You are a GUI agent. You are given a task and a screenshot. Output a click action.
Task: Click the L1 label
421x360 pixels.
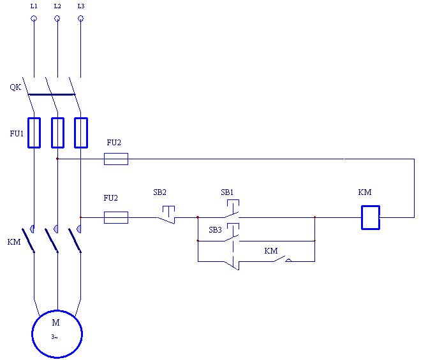click(x=34, y=6)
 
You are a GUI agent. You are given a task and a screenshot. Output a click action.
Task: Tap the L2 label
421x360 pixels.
click(x=57, y=6)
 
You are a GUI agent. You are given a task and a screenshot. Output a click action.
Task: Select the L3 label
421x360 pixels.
click(x=80, y=6)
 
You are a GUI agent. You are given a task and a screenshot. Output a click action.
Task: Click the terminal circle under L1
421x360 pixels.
click(x=34, y=18)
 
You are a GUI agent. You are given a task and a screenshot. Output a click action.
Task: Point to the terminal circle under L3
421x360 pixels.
click(x=80, y=18)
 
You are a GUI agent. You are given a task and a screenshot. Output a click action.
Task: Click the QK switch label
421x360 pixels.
click(x=15, y=87)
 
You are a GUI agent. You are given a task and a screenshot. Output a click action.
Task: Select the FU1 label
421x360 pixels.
click(x=17, y=134)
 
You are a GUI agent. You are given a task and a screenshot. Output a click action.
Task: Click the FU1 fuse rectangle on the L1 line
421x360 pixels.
click(x=34, y=133)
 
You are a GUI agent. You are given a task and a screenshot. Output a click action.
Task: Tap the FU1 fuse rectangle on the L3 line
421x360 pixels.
click(x=80, y=133)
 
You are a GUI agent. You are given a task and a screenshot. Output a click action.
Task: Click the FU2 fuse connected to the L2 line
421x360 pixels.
click(x=115, y=159)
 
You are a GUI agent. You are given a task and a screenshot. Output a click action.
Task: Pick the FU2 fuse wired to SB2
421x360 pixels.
click(x=115, y=217)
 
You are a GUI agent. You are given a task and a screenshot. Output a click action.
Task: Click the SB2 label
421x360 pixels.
click(x=159, y=192)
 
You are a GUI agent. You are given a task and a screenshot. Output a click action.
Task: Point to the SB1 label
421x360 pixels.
click(x=227, y=192)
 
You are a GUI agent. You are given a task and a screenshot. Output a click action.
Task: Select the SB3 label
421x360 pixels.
click(x=216, y=229)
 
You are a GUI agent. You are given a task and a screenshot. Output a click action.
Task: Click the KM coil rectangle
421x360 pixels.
click(x=371, y=217)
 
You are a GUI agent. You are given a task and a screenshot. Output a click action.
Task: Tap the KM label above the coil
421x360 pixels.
click(x=365, y=192)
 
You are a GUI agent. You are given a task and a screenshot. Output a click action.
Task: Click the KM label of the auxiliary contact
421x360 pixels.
click(x=271, y=251)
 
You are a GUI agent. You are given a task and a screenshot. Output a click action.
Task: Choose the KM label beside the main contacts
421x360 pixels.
click(x=14, y=242)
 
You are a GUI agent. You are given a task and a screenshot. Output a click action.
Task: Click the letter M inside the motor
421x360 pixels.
click(x=55, y=322)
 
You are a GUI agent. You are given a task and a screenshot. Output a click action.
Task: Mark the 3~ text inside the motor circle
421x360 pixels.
click(x=55, y=336)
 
